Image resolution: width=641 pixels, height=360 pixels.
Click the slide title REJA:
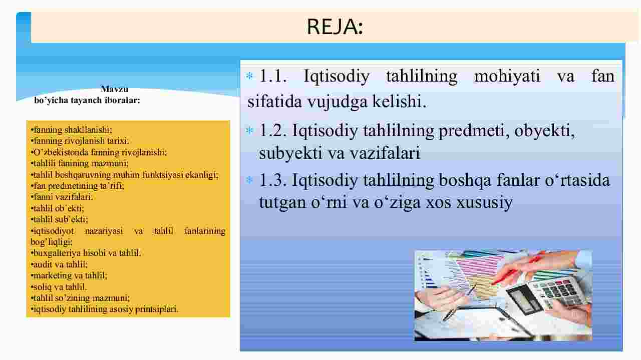(335, 27)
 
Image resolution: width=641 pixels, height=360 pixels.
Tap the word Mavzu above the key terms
(115, 89)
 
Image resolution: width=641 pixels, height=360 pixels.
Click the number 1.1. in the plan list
(273, 76)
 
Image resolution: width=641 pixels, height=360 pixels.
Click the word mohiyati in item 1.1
(507, 76)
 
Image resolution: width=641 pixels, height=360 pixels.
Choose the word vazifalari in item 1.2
(385, 153)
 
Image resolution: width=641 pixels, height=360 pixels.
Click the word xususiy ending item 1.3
(484, 203)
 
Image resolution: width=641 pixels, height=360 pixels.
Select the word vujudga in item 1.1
(338, 102)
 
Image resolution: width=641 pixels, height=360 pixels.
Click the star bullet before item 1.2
(249, 131)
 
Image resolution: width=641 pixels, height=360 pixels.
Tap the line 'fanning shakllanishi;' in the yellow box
(72, 130)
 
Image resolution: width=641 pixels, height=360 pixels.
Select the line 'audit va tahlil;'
(59, 264)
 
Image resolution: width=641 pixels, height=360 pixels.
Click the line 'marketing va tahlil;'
(69, 275)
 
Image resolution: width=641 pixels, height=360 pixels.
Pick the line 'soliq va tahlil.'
(59, 287)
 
